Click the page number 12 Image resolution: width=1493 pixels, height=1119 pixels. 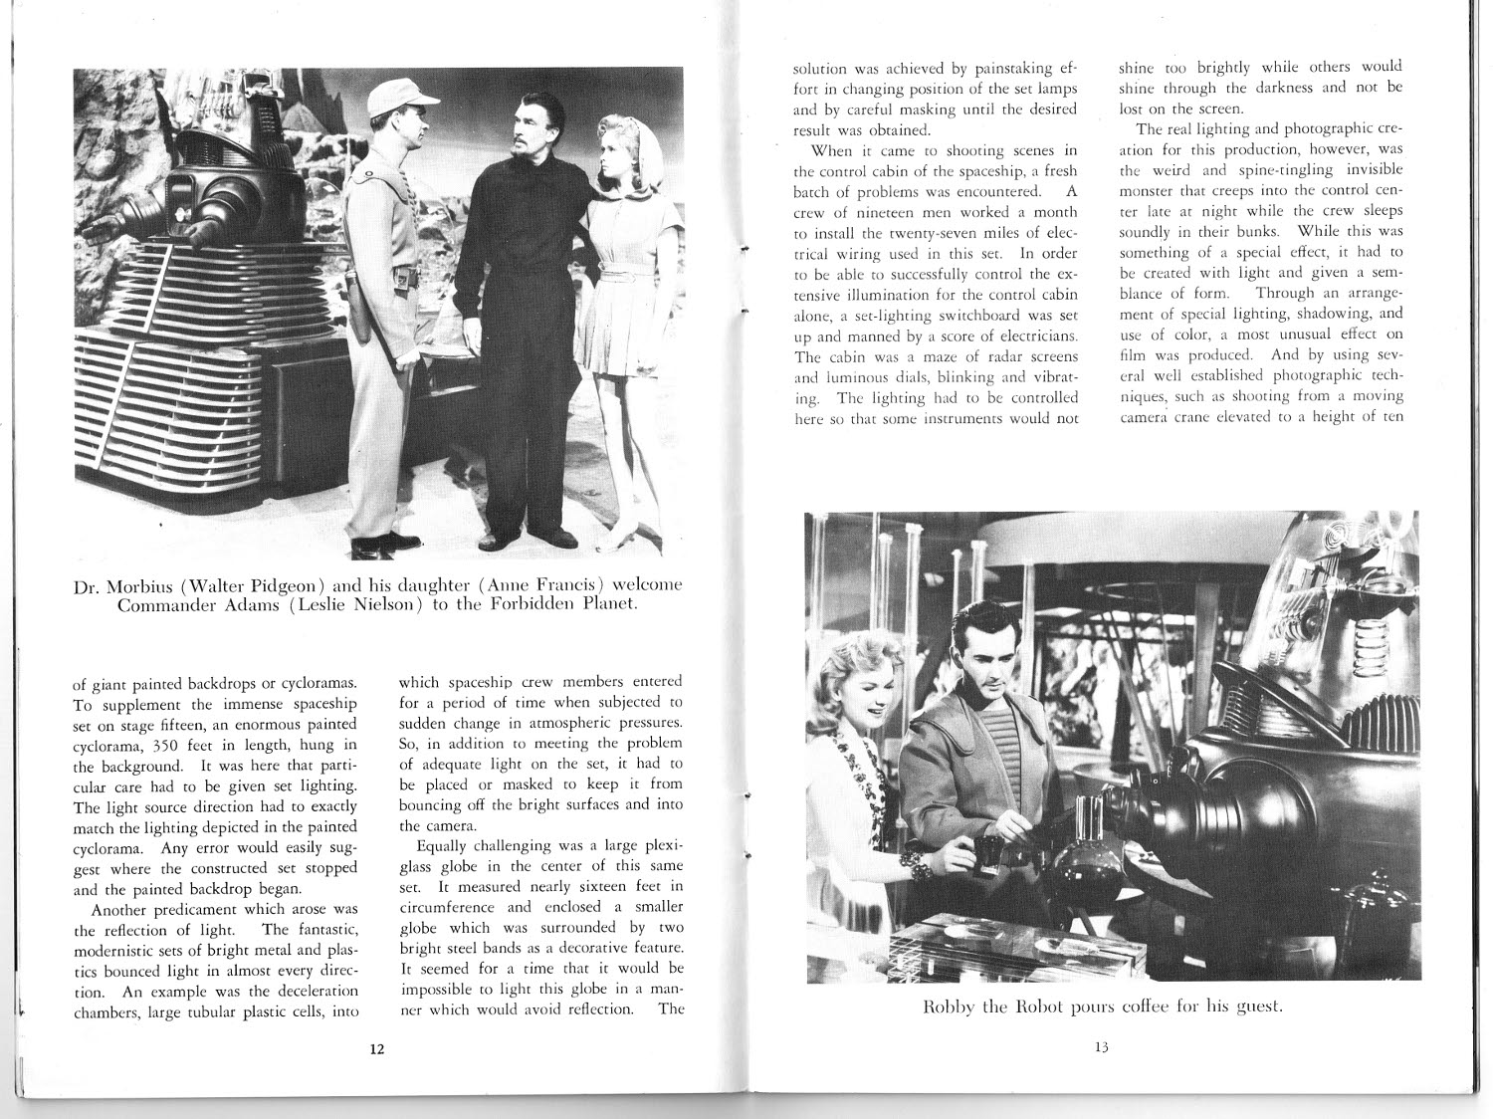[376, 1049]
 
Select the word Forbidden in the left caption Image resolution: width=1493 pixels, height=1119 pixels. [533, 606]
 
